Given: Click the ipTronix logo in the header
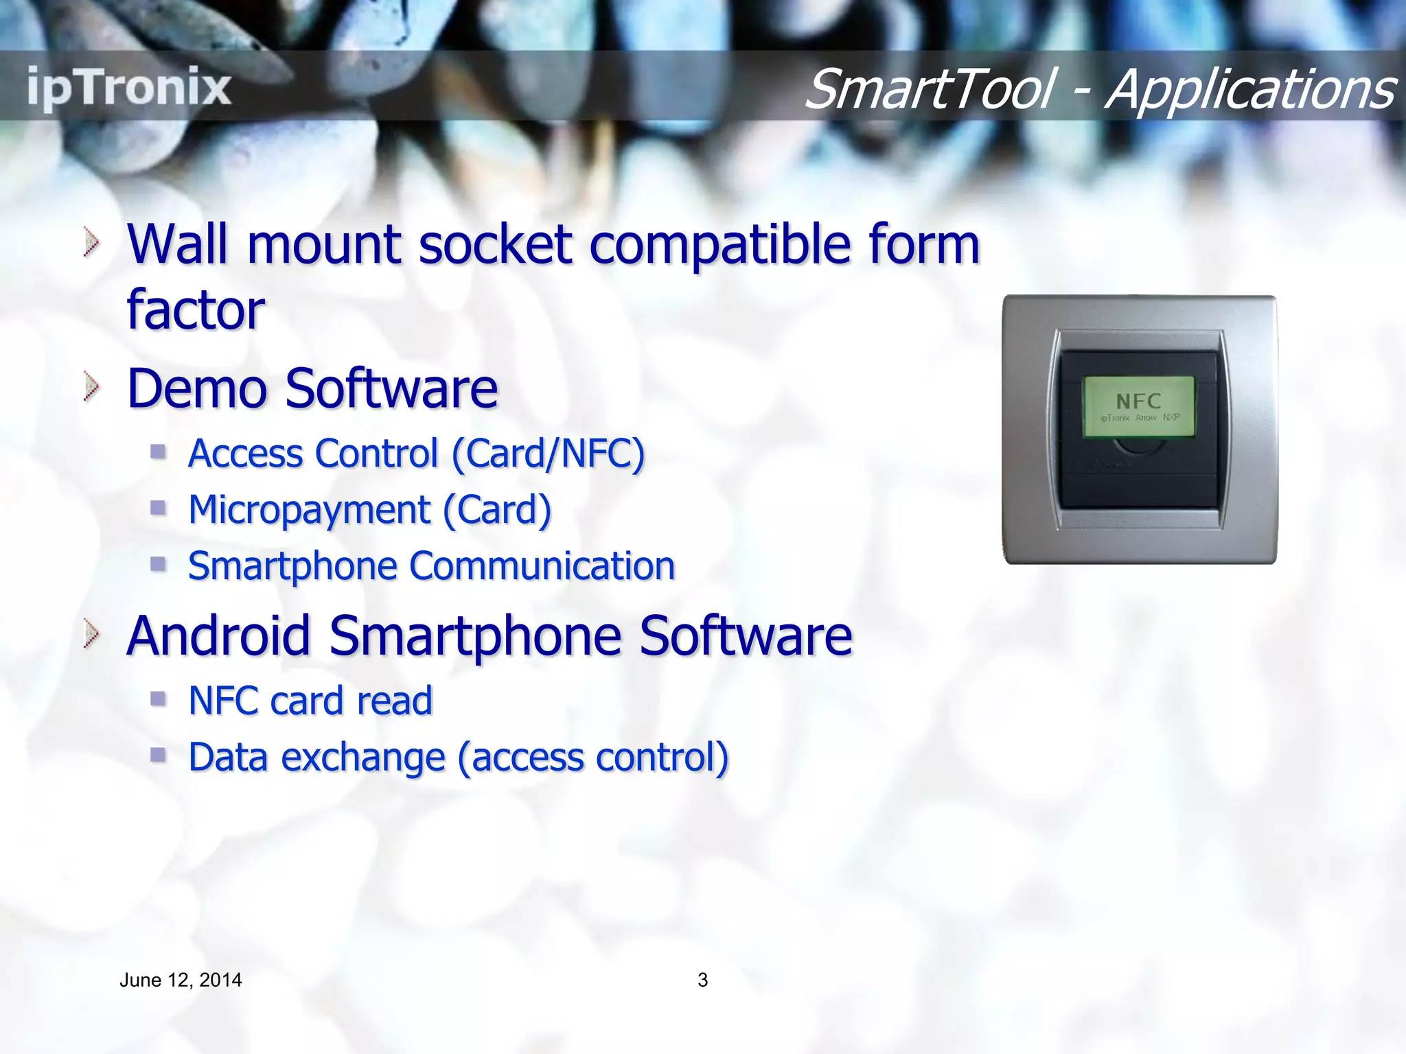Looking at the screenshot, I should pos(129,88).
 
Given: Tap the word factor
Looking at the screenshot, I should pos(196,310).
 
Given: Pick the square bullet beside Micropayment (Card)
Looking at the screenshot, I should pos(159,508).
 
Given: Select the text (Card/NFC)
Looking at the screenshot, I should pos(548,454).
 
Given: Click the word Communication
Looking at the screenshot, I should pos(542,567).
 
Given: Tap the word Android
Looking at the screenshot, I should pos(218,635).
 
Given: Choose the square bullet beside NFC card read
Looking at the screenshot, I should pos(159,699).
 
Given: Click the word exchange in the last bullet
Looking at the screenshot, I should pos(363,758).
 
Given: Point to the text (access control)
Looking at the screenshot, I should pos(593,758).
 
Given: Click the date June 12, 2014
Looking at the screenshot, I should pos(181,980).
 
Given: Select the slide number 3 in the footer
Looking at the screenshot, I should pos(702,980).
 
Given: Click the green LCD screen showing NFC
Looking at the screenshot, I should pos(1138,406).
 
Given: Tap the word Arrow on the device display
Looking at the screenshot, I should pos(1146,418).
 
